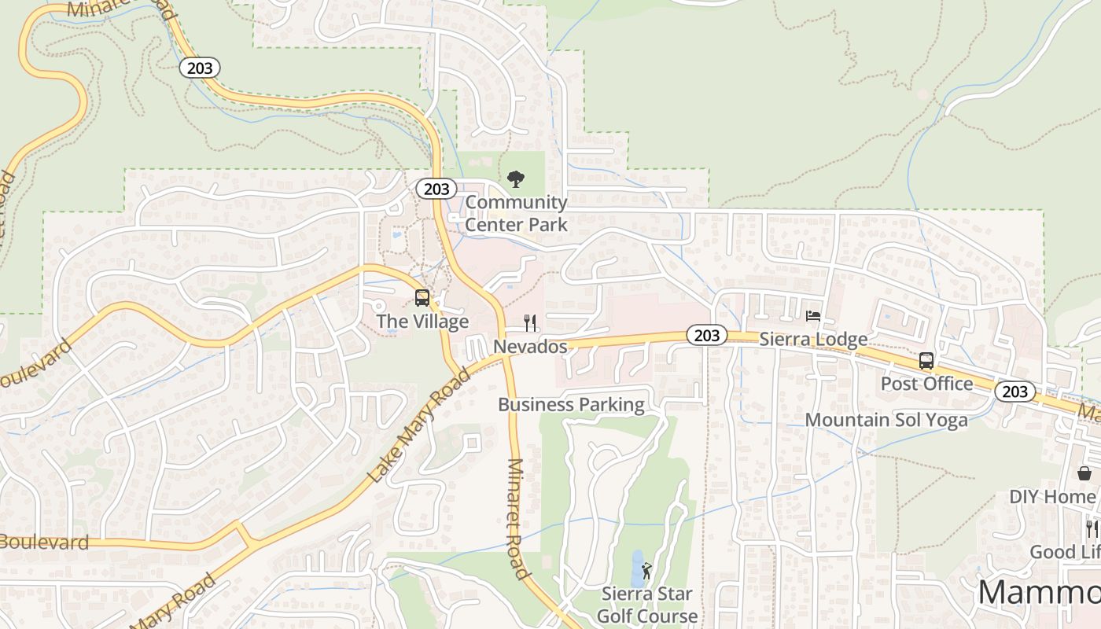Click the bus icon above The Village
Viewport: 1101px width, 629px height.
[x=422, y=298]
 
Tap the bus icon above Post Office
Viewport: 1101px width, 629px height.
[x=926, y=361]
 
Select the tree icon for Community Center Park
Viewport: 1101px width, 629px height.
[x=515, y=179]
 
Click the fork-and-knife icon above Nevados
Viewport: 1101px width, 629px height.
[x=530, y=322]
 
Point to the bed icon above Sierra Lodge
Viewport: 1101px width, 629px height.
[x=813, y=316]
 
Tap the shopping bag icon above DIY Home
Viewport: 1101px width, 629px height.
[x=1084, y=473]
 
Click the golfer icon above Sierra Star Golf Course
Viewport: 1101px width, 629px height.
[x=646, y=570]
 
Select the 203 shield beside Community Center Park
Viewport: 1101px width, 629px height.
[x=436, y=189]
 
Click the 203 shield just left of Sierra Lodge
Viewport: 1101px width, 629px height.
[x=707, y=336]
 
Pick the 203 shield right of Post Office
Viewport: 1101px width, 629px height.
[x=1014, y=392]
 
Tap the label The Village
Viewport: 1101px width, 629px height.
[x=422, y=322]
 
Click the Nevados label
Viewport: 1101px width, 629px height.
[x=530, y=347]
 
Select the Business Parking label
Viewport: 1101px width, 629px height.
[x=571, y=405]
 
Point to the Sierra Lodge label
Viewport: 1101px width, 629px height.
[x=813, y=339]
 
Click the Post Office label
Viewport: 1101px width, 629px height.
[x=926, y=384]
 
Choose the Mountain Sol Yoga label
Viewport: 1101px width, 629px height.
[x=886, y=420]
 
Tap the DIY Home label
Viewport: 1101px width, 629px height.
[x=1052, y=497]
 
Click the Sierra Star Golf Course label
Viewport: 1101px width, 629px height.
[x=647, y=605]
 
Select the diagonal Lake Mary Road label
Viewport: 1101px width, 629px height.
[x=419, y=425]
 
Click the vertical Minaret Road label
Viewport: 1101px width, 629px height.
[x=519, y=519]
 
